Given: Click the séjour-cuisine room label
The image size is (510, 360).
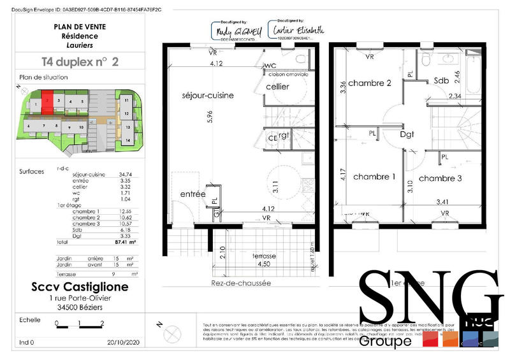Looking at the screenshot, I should (x=208, y=95).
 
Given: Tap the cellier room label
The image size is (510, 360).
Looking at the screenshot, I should (x=277, y=87).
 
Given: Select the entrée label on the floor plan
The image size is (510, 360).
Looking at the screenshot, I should (x=193, y=193).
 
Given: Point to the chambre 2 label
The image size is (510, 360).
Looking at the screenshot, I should (x=370, y=83).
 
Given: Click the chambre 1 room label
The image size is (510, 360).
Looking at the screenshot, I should (x=374, y=176).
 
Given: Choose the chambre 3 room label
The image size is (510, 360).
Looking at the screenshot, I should (x=440, y=178).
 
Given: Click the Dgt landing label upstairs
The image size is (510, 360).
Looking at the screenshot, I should (x=407, y=135).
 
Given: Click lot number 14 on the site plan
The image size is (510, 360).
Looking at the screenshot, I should (x=127, y=140).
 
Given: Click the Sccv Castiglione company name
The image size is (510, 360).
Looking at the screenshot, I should (x=80, y=287).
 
